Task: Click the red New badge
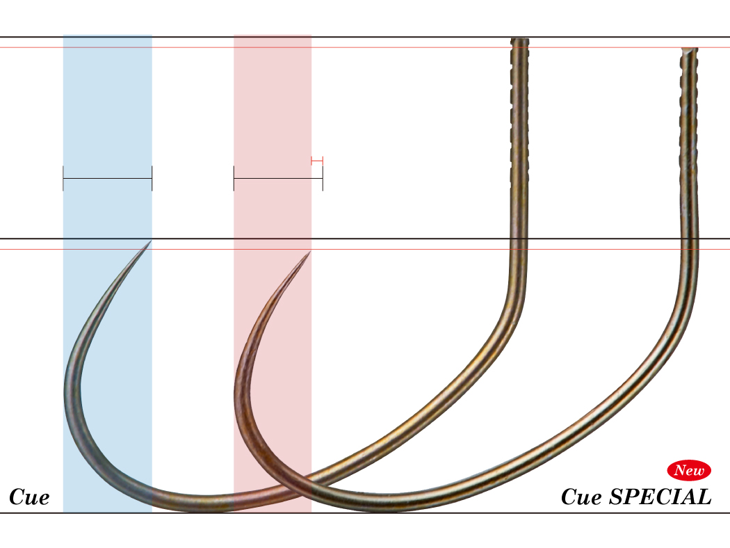(x=689, y=470)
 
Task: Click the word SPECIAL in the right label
(x=660, y=497)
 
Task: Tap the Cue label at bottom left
(x=29, y=497)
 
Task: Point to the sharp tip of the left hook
(x=151, y=241)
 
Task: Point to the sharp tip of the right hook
(x=310, y=252)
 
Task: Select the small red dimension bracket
(x=317, y=161)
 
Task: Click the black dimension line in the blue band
(x=108, y=178)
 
